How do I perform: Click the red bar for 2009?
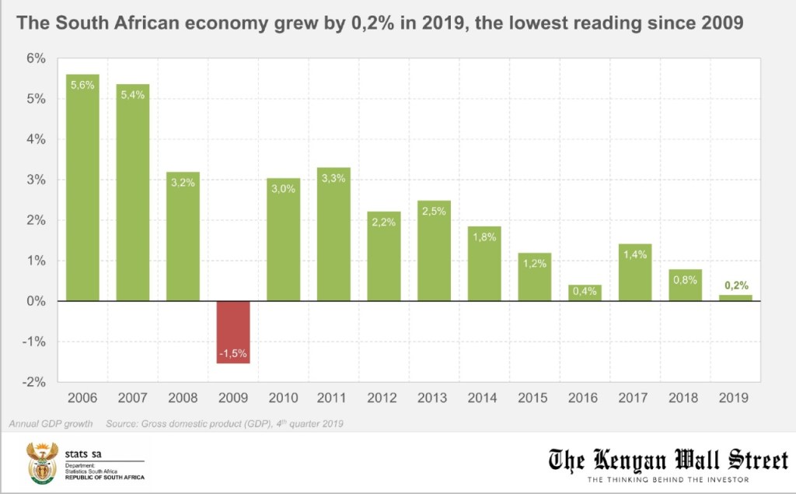[233, 331]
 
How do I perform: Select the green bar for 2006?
[82, 187]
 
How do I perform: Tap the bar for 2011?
[333, 234]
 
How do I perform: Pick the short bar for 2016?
[585, 293]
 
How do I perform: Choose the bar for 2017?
[634, 272]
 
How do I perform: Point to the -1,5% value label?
[233, 354]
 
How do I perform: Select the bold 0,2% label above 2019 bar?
[735, 286]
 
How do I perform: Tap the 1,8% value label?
[484, 236]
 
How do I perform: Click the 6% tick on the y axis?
[37, 58]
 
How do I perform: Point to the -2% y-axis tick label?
[35, 382]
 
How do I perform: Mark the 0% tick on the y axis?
[37, 301]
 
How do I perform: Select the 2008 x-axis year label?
[183, 398]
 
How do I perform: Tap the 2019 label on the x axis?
[735, 398]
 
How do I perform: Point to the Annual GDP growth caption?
[51, 424]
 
